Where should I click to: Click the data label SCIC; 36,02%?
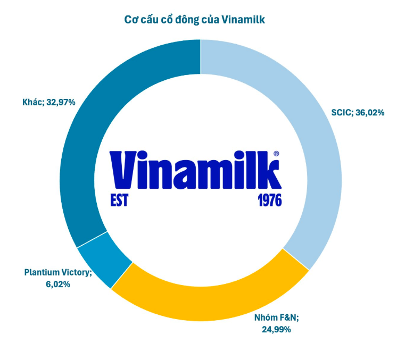click(358, 112)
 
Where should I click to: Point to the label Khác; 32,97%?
click(49, 102)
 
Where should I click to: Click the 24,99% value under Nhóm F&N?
click(276, 329)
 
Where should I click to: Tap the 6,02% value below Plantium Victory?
click(58, 284)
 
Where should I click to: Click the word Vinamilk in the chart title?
click(243, 20)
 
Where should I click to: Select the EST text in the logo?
click(119, 200)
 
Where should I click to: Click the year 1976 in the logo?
click(270, 200)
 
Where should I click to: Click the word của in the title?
click(210, 20)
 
